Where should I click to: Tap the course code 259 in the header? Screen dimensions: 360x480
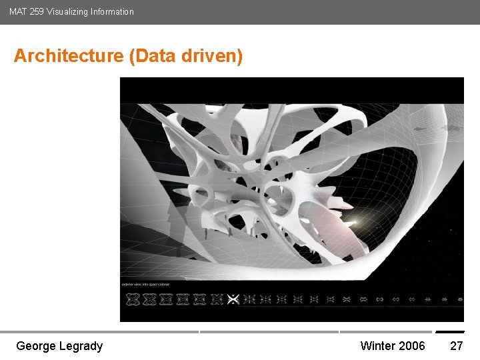click(x=36, y=11)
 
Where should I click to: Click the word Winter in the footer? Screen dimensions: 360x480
click(x=378, y=345)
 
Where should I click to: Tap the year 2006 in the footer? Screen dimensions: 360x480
click(x=412, y=345)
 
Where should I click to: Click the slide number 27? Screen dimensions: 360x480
click(x=457, y=345)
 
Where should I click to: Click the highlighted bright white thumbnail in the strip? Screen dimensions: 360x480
click(x=233, y=299)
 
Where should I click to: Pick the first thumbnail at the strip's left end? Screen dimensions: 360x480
click(x=131, y=299)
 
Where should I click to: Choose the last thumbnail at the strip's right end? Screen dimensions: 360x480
click(x=459, y=299)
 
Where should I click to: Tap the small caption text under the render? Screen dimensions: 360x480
click(x=145, y=285)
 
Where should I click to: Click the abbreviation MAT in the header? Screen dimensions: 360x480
click(x=17, y=11)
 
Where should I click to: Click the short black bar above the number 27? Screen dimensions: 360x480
click(x=450, y=331)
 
